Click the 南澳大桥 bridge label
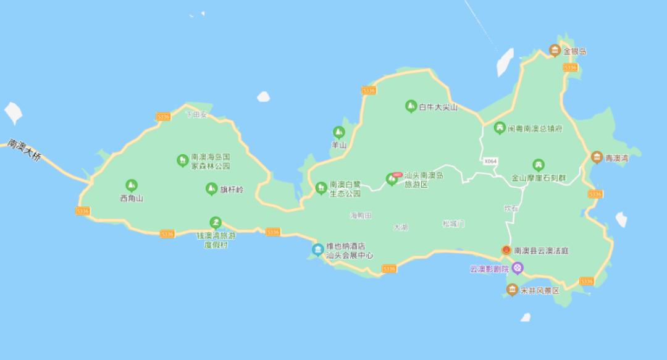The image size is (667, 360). click(24, 151)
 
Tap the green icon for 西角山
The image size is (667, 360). click(132, 185)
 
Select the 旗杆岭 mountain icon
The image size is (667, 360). click(211, 189)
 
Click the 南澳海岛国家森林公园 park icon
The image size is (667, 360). click(182, 161)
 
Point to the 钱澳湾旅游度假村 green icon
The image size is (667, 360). click(215, 222)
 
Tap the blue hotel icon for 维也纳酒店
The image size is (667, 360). click(317, 249)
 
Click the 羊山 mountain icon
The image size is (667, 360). click(338, 132)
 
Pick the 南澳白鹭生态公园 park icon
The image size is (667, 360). click(321, 188)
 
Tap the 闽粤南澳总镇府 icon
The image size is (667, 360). click(500, 128)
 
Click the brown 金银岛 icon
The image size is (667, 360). click(555, 51)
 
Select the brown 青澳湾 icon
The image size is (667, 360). click(597, 157)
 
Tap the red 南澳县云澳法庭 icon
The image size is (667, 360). click(506, 251)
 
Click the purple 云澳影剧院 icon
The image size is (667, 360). click(518, 268)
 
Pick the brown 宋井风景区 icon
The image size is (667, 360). click(512, 290)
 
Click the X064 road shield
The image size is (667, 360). click(490, 161)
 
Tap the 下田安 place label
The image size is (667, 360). click(198, 115)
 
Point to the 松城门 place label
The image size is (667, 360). click(454, 223)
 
